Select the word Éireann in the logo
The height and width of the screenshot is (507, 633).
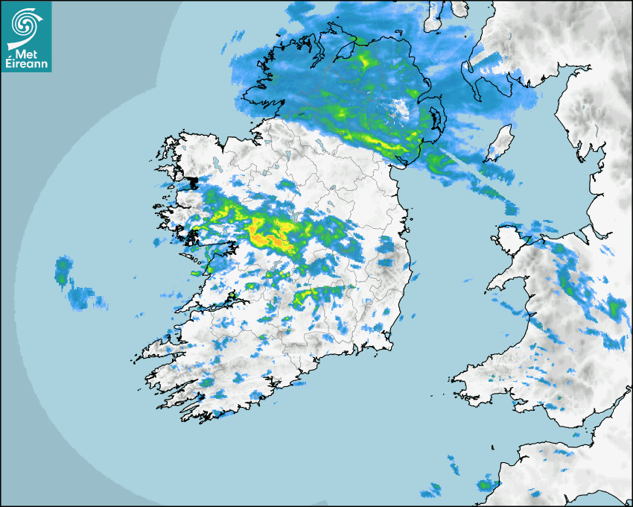27,63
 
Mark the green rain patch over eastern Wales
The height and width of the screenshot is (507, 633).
615,306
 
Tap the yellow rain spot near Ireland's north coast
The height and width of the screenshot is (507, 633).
364,60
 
